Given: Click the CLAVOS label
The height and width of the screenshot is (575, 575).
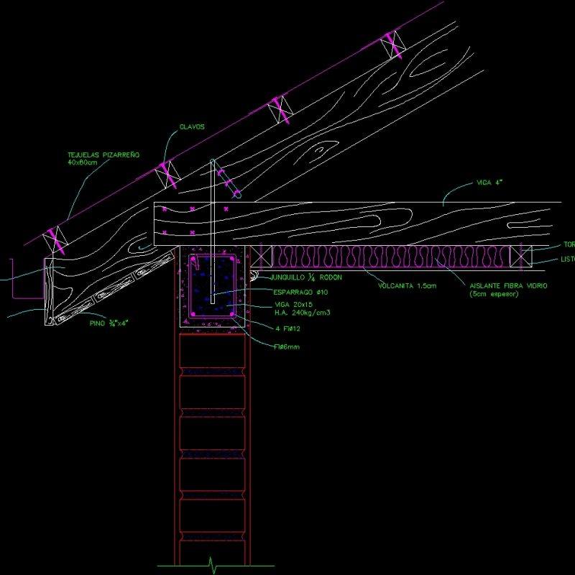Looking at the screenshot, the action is (x=192, y=127).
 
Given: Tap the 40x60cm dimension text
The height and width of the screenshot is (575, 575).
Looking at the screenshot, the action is (x=82, y=162).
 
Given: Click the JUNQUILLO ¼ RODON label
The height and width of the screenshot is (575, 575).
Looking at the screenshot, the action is (x=301, y=277).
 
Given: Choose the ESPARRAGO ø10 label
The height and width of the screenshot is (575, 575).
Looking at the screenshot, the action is (x=300, y=292).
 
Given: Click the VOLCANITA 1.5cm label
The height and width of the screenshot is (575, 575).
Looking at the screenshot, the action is (x=407, y=286).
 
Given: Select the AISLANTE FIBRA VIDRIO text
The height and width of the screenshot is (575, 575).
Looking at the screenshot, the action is (x=508, y=286).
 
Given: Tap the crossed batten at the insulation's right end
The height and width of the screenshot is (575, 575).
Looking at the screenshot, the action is (x=520, y=256).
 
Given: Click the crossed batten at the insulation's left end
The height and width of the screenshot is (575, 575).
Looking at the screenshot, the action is (x=263, y=256).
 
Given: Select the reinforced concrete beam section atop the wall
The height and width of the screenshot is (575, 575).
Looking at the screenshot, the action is (x=211, y=288).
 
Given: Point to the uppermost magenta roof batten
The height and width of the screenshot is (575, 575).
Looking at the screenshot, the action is (x=393, y=45).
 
